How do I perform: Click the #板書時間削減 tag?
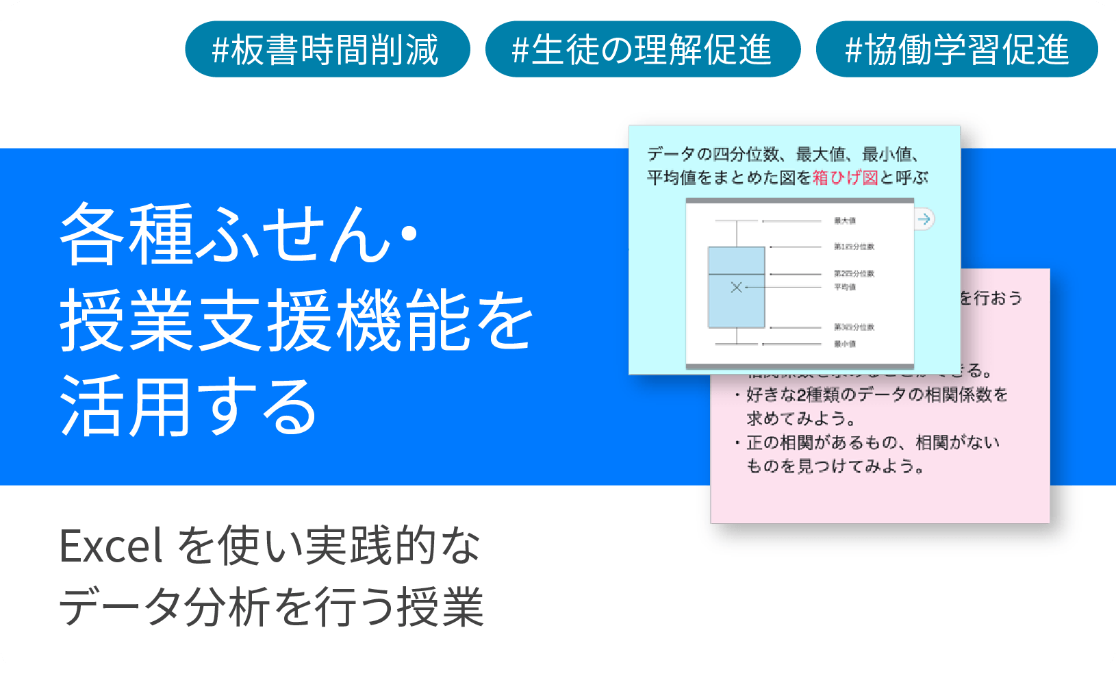click(327, 49)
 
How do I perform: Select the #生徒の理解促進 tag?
click(642, 49)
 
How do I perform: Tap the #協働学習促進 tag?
click(956, 49)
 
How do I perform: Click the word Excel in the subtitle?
click(111, 547)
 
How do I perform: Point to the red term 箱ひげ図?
click(845, 178)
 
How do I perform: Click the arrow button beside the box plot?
click(924, 219)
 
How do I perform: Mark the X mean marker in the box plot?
click(736, 287)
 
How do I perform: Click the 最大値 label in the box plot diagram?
click(845, 221)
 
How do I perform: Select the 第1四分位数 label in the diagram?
click(854, 247)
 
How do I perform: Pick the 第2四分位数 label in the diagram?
click(854, 274)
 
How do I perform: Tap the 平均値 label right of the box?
click(845, 288)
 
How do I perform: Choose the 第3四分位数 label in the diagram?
click(854, 327)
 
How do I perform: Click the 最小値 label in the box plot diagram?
click(845, 344)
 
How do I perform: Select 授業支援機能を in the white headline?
click(296, 321)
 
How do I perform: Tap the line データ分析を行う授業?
click(271, 607)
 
